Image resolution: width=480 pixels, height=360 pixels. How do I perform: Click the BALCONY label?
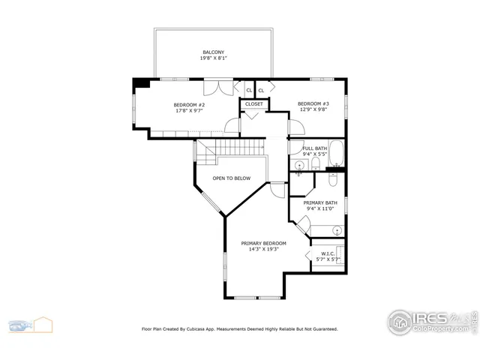pos(214,52)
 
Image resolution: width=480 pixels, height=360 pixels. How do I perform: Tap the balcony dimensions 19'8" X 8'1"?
pos(214,58)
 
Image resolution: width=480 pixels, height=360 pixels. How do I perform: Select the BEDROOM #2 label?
pos(189,104)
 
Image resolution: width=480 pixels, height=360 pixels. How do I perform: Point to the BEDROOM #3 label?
pos(313,103)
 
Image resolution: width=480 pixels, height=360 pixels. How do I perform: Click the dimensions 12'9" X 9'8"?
pos(313,109)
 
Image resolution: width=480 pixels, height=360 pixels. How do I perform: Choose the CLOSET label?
pos(254,104)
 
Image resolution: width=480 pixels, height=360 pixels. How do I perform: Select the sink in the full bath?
pos(298,165)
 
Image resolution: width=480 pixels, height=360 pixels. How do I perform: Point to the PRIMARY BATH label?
pos(320,202)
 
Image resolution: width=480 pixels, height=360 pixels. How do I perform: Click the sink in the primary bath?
pos(337,230)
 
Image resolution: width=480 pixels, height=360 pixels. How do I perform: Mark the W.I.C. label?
pos(328,253)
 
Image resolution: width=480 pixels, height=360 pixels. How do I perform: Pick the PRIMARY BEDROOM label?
pos(263,243)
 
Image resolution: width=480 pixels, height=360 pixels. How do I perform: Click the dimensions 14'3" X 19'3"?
pos(263,249)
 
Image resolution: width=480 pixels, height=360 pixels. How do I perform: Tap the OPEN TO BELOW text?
pos(230,178)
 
